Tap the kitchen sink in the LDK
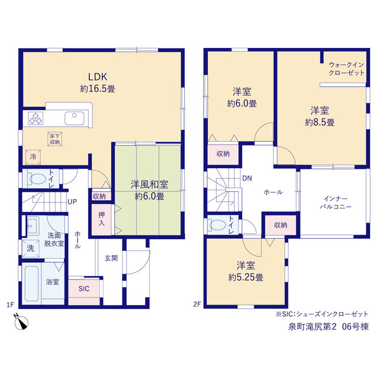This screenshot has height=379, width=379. pos(75,118)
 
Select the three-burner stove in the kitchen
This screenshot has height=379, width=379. pos(36,118)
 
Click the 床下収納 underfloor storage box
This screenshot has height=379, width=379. pos(55,139)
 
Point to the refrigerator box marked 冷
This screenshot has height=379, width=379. pos(33,157)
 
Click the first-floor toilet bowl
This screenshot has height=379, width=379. pos(37,179)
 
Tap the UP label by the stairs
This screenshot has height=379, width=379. pos(72,201)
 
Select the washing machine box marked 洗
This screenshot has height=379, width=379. pos(30,248)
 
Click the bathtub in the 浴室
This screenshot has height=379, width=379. pos(31,284)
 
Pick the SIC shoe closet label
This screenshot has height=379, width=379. pos(84,288)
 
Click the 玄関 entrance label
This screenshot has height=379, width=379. pos(111,258)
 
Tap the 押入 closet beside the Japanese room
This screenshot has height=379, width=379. pos(101,220)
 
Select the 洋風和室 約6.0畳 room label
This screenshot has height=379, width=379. pos(149,190)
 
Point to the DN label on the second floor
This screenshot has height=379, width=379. pos(247,178)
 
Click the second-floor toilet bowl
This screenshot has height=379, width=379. pos(217,225)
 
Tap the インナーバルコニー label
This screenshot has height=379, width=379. pos(336,203)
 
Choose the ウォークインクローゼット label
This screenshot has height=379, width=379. pos(346,69)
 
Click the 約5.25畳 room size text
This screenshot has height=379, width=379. pos(246,277)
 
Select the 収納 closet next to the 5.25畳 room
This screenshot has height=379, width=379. pos(280,225)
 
